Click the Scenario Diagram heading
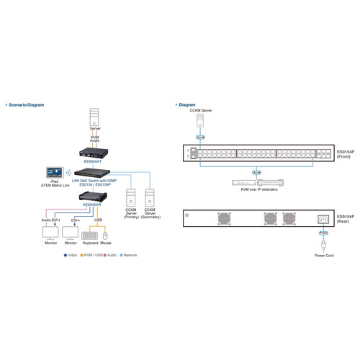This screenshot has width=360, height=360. click(x=27, y=104)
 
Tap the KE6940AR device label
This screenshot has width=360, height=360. click(x=94, y=204)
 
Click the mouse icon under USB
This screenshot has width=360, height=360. click(x=105, y=235)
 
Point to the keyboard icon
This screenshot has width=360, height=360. click(x=90, y=235)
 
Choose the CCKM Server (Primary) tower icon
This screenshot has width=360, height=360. click(x=131, y=197)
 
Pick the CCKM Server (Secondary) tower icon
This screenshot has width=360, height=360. click(x=150, y=197)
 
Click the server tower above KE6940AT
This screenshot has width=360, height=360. click(x=94, y=117)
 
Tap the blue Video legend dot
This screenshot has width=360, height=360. click(x=66, y=256)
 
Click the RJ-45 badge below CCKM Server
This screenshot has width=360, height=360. click(x=199, y=136)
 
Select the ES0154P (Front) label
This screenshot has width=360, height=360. click(x=347, y=155)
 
